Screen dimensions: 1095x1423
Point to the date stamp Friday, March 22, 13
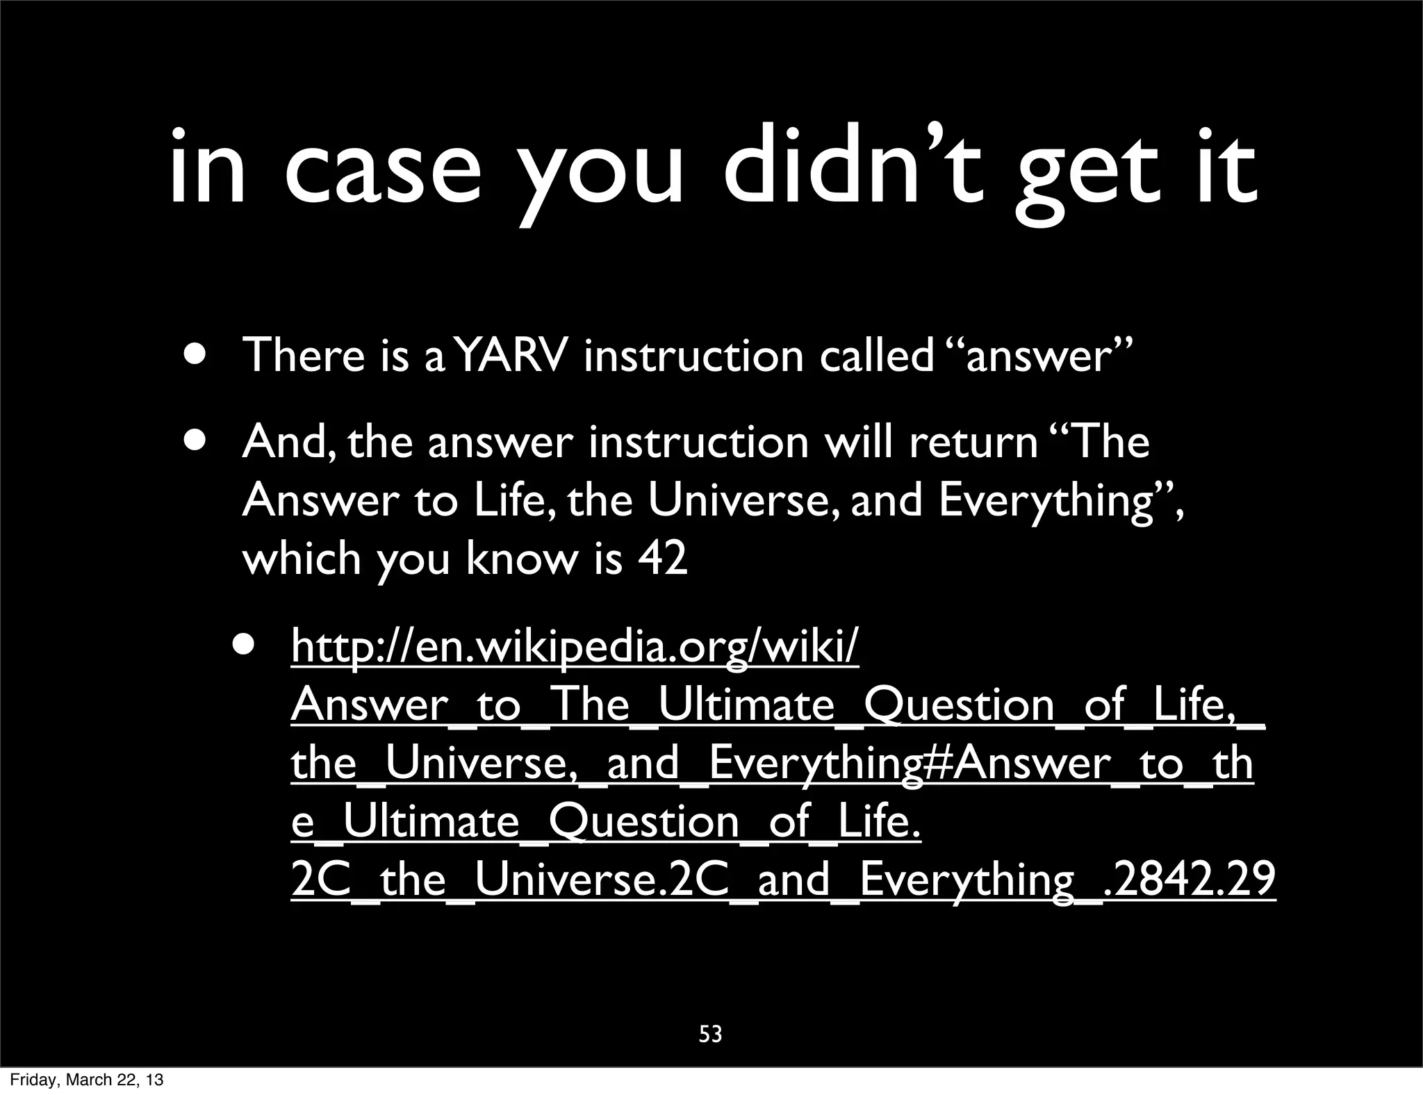pyautogui.click(x=87, y=1080)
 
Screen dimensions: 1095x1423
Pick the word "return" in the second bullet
pyautogui.click(x=973, y=442)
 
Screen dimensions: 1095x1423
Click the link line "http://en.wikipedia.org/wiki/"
pyautogui.click(x=575, y=647)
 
